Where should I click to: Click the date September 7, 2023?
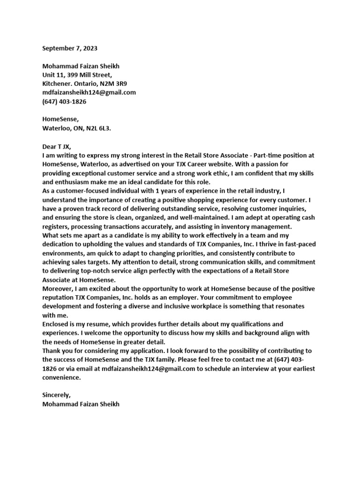pos(70,48)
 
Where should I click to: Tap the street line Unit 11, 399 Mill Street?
pos(77,75)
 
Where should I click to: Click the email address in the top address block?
pos(89,93)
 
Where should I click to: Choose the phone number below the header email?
pos(64,102)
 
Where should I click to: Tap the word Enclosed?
pos(57,324)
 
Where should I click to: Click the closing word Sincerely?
pos(56,396)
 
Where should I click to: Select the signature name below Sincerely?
pos(80,405)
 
